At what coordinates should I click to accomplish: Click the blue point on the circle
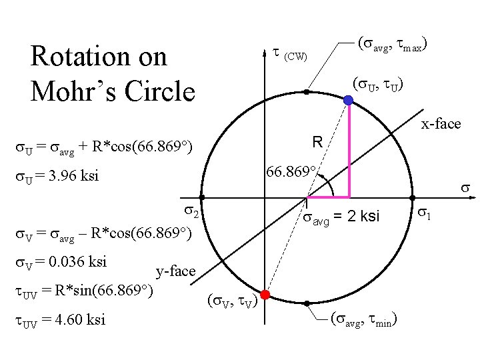click(349, 100)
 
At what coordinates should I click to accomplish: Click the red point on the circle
click(265, 294)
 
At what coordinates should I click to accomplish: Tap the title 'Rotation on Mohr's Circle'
click(113, 73)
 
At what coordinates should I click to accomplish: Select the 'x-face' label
click(441, 123)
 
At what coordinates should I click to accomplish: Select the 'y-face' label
click(175, 271)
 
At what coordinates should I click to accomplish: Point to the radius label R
click(317, 141)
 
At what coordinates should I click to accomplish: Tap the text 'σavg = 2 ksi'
click(341, 217)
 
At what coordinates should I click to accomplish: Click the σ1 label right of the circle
click(425, 213)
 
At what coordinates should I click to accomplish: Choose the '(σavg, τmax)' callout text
click(393, 45)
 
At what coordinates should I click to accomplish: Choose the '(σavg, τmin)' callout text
click(365, 321)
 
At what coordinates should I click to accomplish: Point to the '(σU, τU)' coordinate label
click(377, 85)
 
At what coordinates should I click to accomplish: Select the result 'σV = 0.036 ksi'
click(61, 261)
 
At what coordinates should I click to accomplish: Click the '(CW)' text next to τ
click(295, 56)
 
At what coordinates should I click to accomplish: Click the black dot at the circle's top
click(307, 91)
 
